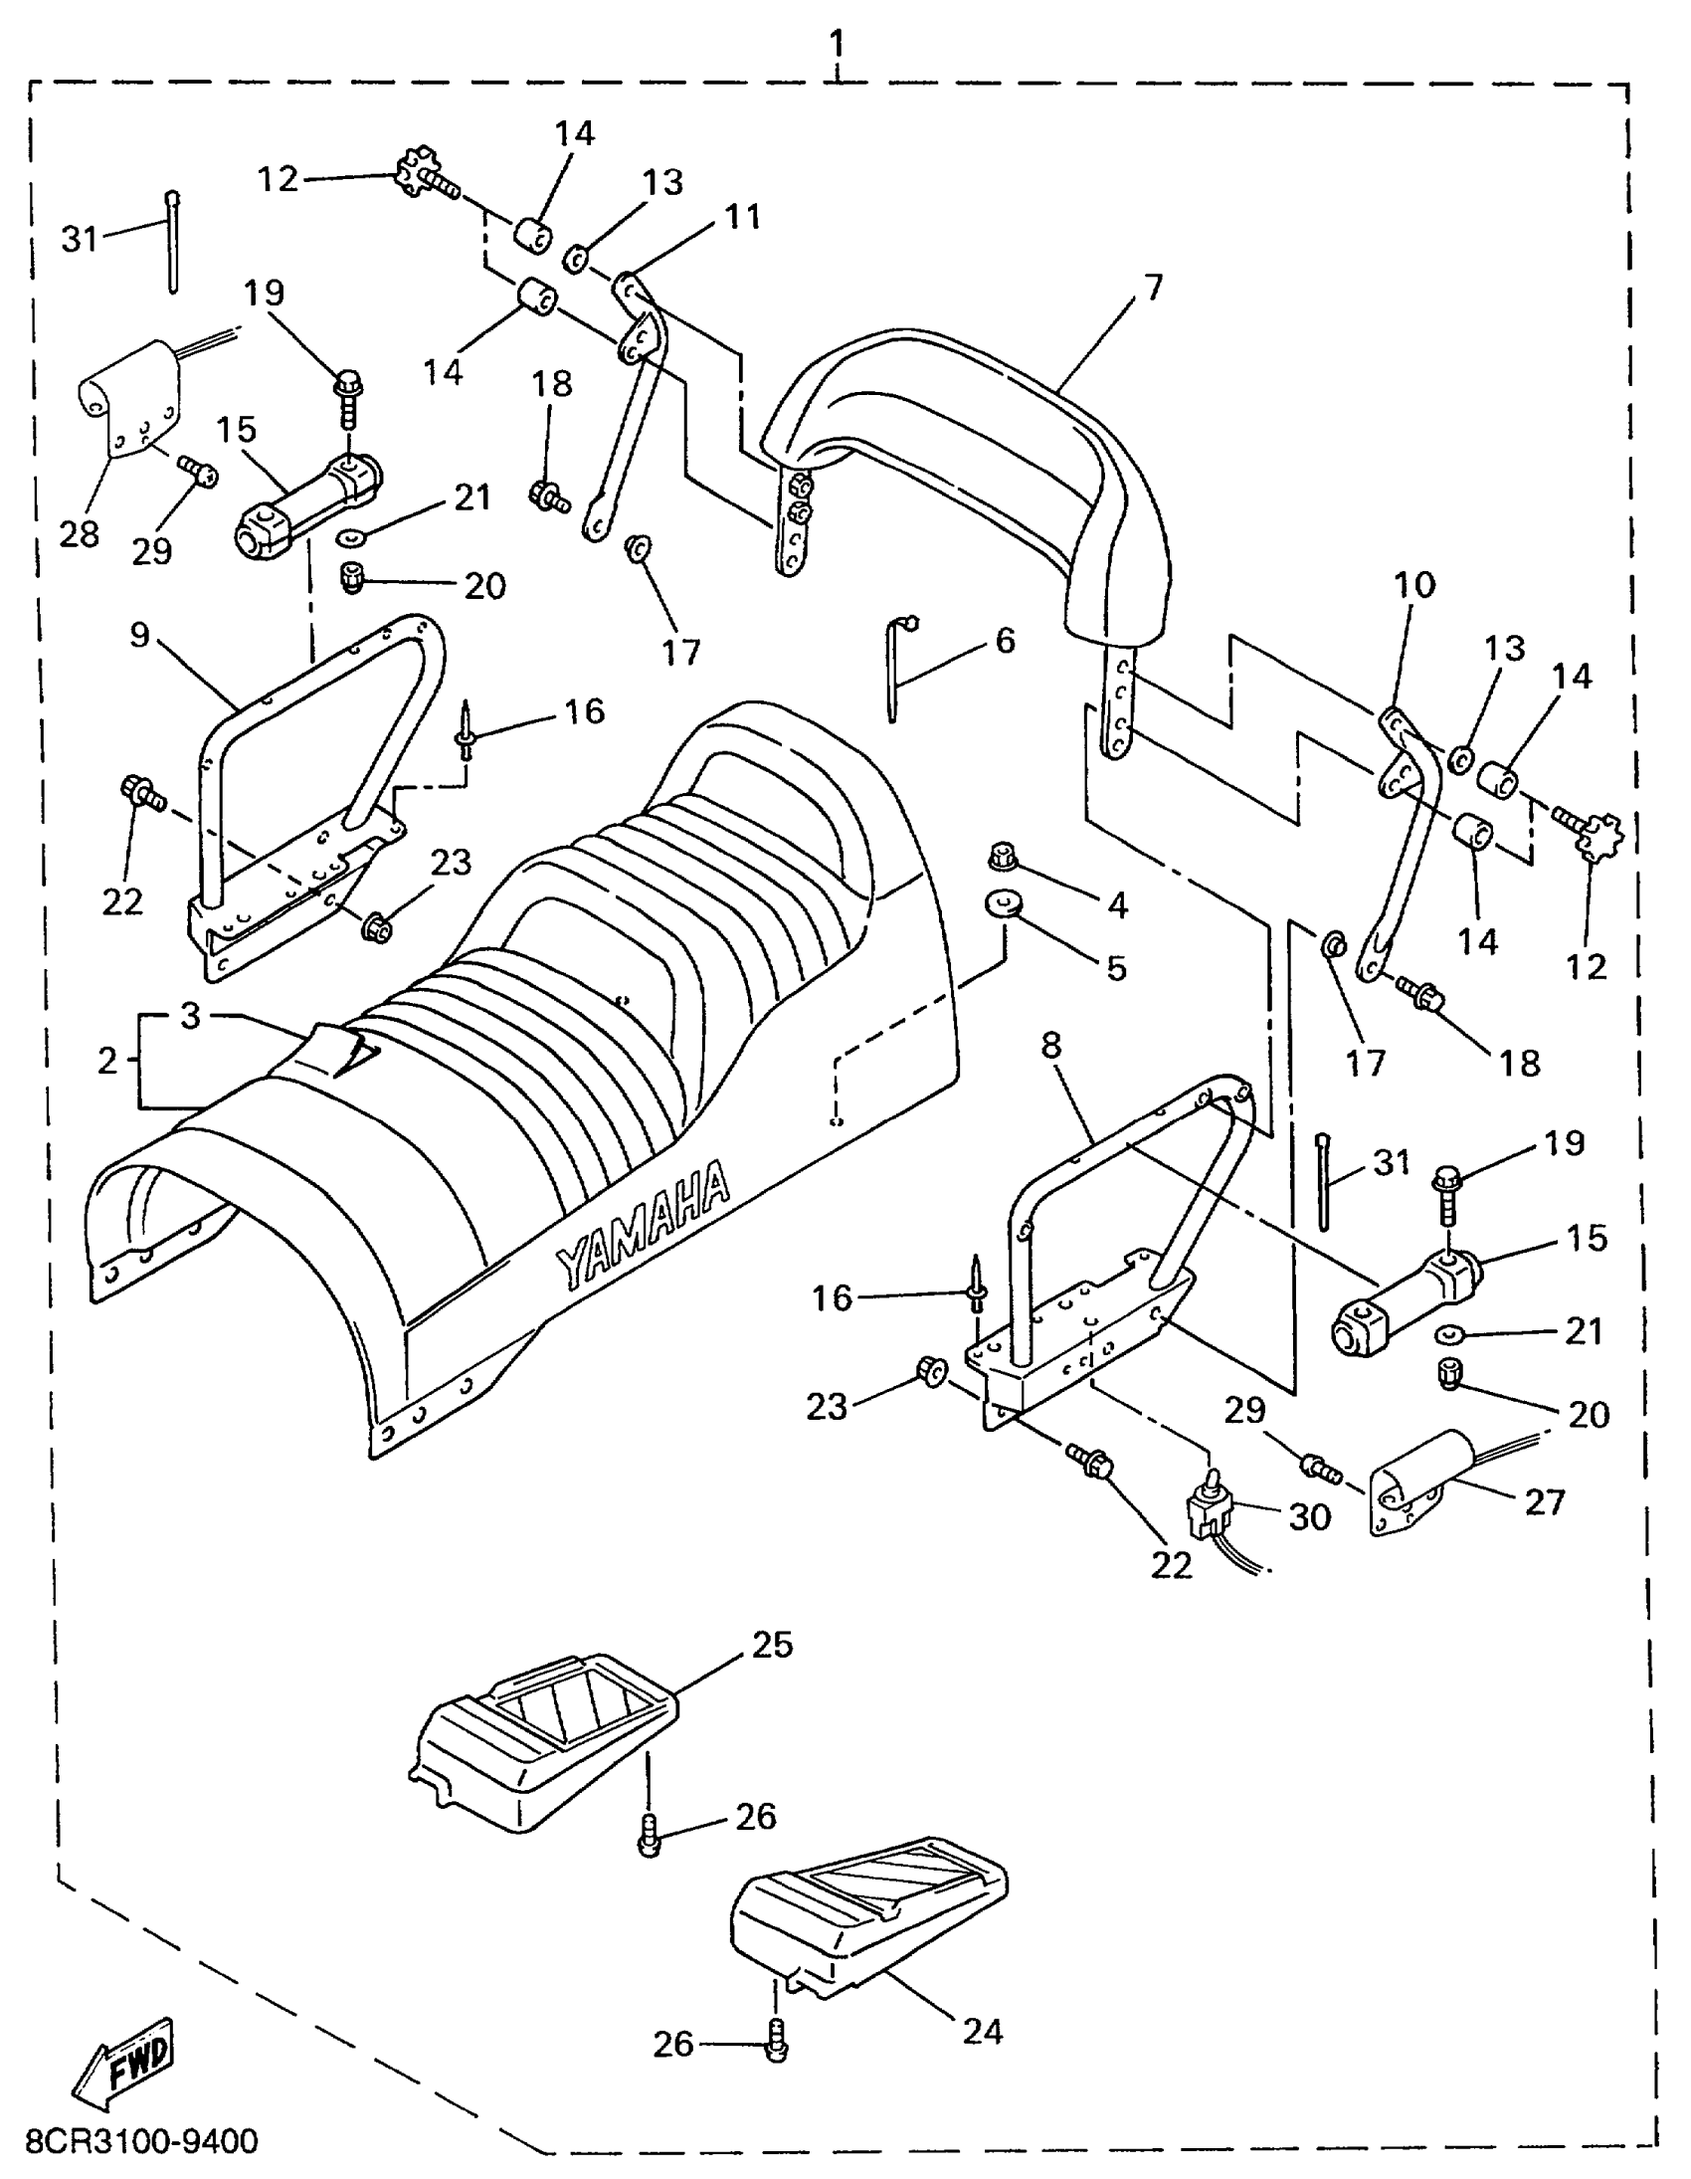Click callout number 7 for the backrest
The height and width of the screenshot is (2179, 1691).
tap(1154, 288)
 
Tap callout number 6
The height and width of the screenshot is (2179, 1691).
tap(1005, 640)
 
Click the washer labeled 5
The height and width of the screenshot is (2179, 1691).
tap(1004, 902)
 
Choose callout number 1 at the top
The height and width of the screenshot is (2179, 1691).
tap(836, 43)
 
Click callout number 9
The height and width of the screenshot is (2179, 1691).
tap(139, 635)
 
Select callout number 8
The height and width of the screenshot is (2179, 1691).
tap(1050, 1045)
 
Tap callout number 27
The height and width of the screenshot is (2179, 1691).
tap(1545, 1500)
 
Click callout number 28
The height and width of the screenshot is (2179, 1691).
tap(80, 533)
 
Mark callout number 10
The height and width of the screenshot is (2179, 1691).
tap(1413, 585)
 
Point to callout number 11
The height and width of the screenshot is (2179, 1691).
tap(742, 217)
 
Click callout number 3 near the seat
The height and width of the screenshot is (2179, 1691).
tap(190, 1016)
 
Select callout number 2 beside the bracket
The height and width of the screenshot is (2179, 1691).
tap(107, 1060)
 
